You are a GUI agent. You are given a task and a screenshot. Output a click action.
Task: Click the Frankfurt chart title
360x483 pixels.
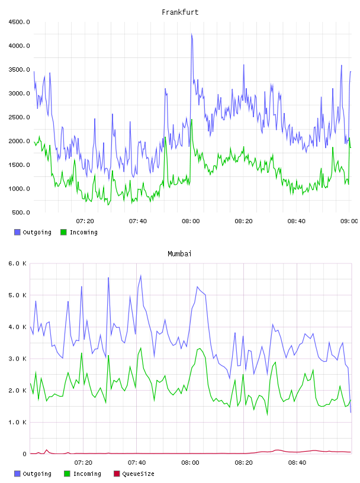click(180, 12)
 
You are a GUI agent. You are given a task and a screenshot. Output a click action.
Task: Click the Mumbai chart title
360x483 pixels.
click(179, 254)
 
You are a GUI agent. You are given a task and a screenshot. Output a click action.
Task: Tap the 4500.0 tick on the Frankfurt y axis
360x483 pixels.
click(19, 22)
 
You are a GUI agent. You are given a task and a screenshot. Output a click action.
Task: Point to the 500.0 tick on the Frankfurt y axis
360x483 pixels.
click(21, 212)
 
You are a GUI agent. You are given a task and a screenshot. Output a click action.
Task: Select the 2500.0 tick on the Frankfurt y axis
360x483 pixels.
click(19, 117)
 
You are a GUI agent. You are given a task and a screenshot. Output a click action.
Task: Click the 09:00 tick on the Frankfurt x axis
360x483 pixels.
click(349, 221)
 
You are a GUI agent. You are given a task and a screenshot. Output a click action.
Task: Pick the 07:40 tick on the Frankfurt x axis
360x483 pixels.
click(138, 221)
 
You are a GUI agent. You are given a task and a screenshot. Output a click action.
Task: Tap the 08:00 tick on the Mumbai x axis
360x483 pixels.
click(190, 463)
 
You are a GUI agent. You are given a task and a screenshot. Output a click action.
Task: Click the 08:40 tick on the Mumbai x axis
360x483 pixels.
click(297, 463)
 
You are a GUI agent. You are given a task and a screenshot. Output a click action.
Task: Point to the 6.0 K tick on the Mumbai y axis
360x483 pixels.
click(17, 263)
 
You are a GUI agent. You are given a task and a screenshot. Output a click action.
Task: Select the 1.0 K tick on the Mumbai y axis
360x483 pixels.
click(17, 422)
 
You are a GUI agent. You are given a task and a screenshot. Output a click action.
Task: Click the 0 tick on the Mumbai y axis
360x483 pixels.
click(25, 454)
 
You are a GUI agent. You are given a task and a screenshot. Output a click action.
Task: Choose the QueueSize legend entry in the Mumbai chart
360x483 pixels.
click(134, 474)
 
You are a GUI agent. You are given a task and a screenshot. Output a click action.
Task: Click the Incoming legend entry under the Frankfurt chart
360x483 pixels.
click(79, 232)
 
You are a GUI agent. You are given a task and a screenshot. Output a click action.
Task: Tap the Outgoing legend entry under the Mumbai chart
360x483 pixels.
click(33, 474)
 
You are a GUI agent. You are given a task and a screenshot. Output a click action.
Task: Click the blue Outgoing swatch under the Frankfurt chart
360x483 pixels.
click(17, 232)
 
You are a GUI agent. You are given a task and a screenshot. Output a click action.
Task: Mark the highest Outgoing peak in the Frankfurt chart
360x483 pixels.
click(191, 34)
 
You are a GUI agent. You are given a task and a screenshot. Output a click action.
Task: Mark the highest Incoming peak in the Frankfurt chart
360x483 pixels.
click(192, 120)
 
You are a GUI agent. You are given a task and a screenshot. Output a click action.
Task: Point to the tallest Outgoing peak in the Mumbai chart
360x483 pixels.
click(141, 275)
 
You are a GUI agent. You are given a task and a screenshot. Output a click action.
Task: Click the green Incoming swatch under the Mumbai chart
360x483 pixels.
click(67, 474)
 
